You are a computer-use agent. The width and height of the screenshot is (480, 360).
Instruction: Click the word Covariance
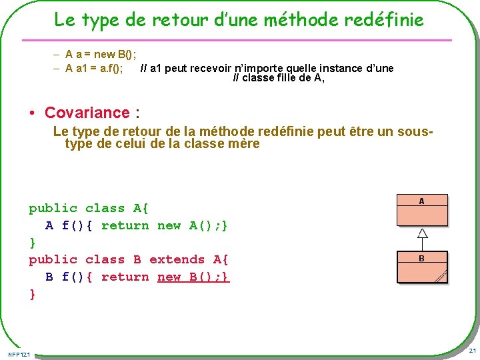pyautogui.click(x=87, y=113)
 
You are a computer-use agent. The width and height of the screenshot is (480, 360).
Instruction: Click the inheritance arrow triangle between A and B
pyautogui.click(x=422, y=233)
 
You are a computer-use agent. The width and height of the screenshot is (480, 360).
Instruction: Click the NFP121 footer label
pyautogui.click(x=19, y=353)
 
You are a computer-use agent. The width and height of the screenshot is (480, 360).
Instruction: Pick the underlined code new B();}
pyautogui.click(x=193, y=277)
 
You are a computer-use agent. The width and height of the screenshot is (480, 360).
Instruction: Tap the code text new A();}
pyautogui.click(x=193, y=225)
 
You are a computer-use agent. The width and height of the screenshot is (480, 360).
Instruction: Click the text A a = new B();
pyautogui.click(x=105, y=53)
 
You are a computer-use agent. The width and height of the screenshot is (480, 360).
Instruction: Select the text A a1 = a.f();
pyautogui.click(x=94, y=68)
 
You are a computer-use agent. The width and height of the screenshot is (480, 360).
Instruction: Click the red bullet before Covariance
pyautogui.click(x=33, y=113)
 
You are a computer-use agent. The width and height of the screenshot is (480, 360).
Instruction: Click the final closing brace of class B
pyautogui.click(x=32, y=294)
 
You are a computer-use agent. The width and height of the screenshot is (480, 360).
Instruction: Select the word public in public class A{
pyautogui.click(x=53, y=208)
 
